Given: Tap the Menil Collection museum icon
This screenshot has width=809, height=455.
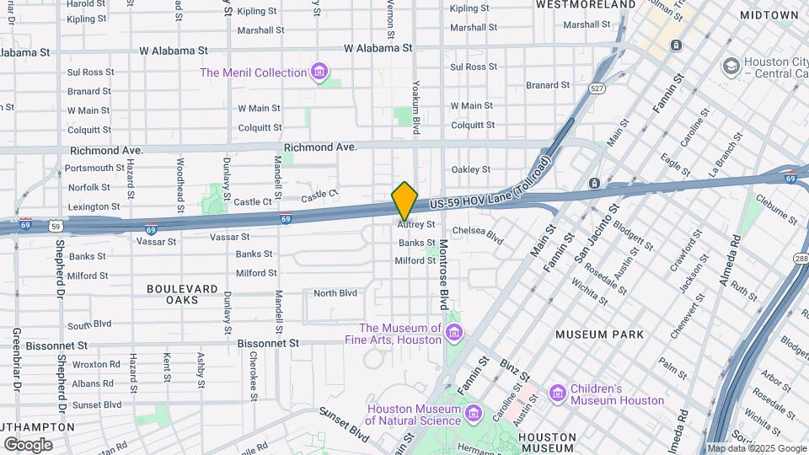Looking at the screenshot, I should click(x=319, y=72).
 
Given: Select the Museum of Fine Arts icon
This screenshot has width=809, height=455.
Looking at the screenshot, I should click(x=454, y=335).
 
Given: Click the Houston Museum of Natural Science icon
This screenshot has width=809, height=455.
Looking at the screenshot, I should click(x=474, y=415).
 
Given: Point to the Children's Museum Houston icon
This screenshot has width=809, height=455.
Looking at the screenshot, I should click(x=557, y=393).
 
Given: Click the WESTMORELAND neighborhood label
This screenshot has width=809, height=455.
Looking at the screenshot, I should click(x=585, y=5).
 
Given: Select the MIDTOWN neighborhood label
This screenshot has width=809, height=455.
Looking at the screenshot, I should click(x=769, y=15).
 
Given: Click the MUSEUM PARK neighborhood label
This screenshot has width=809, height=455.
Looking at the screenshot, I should click(x=599, y=335).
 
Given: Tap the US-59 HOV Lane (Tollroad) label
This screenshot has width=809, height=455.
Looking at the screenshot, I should click(x=488, y=190).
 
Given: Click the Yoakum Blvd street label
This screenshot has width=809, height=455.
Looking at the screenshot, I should click(x=415, y=108).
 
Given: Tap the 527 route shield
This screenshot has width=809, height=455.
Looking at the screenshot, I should click(x=597, y=88).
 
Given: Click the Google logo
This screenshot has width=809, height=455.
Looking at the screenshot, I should click(x=28, y=445).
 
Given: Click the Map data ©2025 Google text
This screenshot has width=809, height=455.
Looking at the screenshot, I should click(x=756, y=448).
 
